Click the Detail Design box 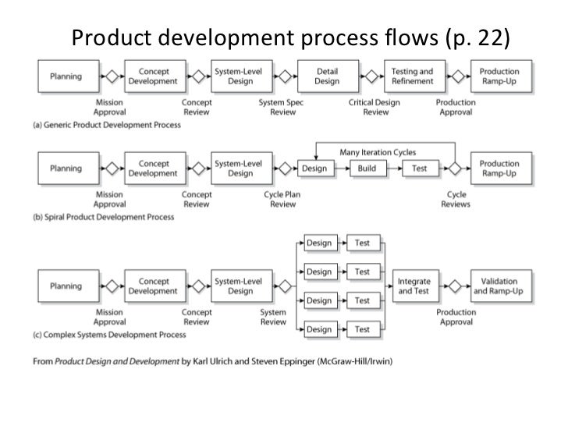(x=327, y=76)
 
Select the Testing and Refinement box (x=412, y=76)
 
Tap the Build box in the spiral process (x=367, y=169)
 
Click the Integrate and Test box (x=414, y=286)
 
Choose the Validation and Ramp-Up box (x=502, y=286)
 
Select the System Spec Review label (x=282, y=107)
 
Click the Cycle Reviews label (x=456, y=199)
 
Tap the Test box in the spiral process (x=420, y=169)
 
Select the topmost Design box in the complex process (x=318, y=243)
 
